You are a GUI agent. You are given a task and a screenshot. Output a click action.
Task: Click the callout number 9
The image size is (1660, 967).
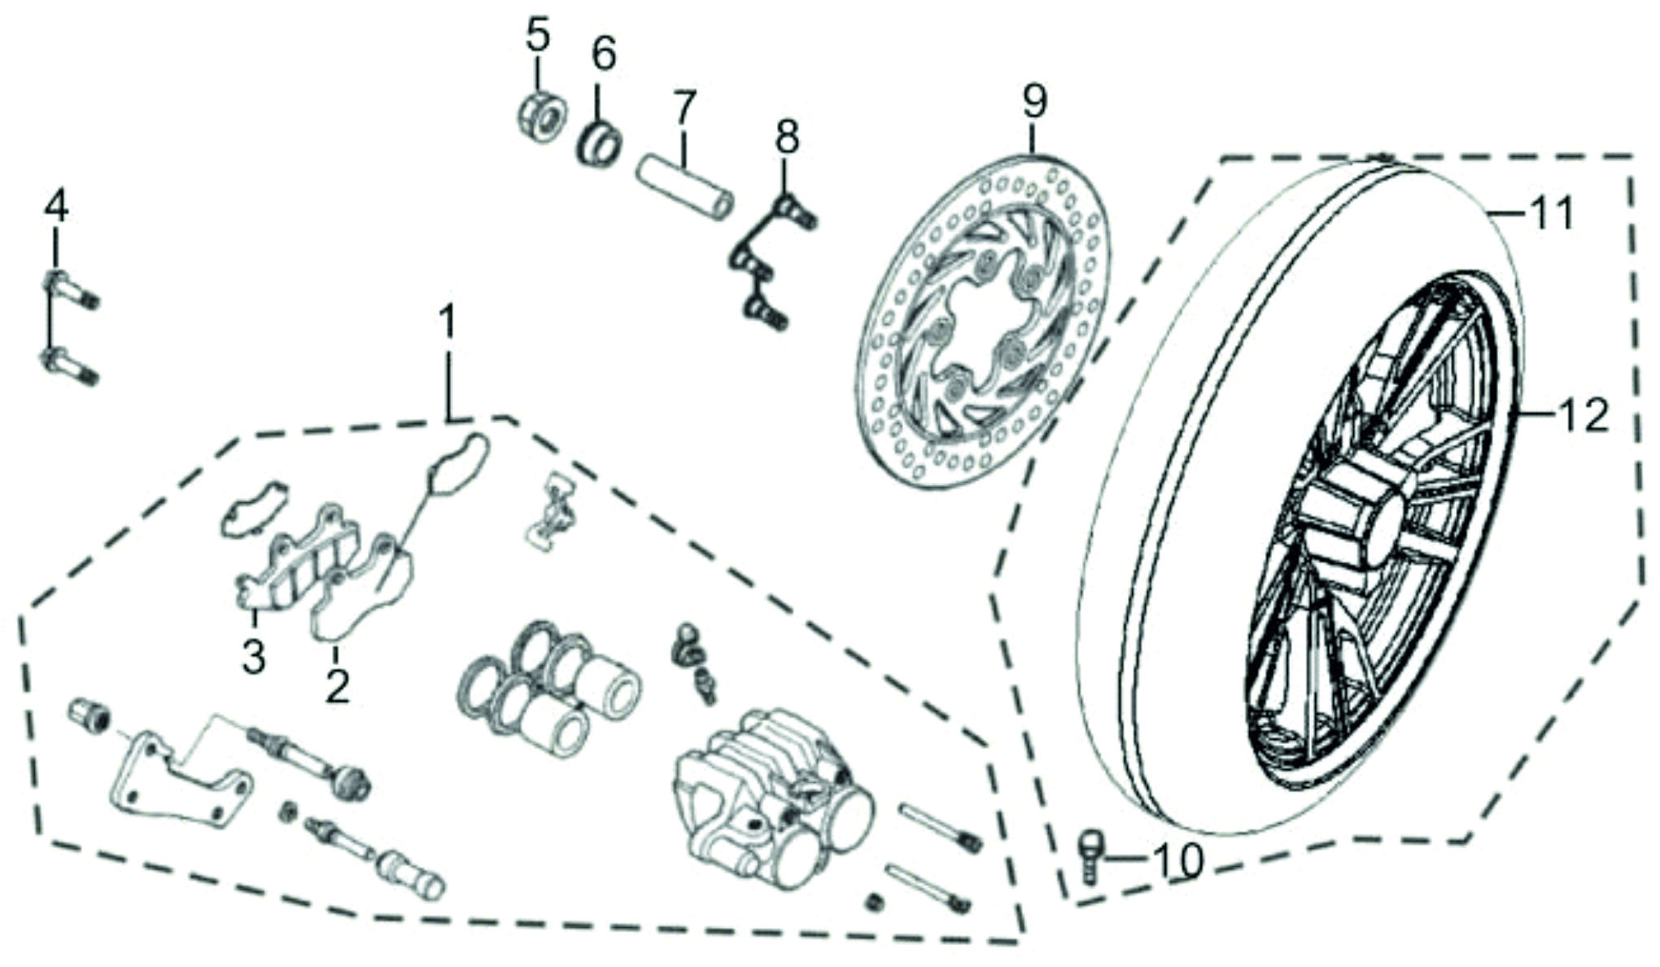click(1034, 103)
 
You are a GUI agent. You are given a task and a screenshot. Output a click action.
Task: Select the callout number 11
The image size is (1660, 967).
click(1551, 214)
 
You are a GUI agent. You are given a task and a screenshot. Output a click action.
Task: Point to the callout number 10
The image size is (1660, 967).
click(1178, 860)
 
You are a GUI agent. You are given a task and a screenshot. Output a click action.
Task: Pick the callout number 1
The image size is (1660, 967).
click(448, 323)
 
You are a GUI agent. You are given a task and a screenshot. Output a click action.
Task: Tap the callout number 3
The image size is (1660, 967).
click(254, 655)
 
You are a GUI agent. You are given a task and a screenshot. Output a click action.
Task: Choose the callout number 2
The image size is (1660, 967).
click(337, 685)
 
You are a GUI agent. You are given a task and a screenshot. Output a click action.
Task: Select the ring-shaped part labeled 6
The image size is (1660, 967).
click(600, 144)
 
